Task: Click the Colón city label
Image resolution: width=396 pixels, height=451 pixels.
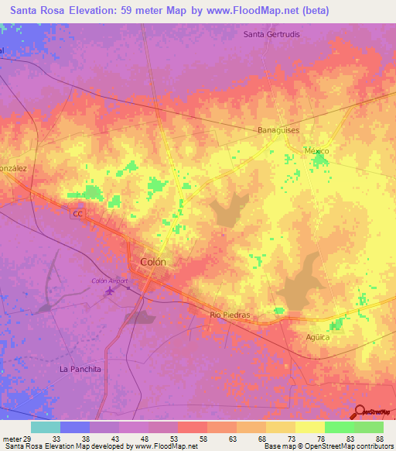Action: (x=152, y=262)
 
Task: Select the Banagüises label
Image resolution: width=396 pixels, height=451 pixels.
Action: (x=278, y=130)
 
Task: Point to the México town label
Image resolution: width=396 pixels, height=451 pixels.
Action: (x=316, y=150)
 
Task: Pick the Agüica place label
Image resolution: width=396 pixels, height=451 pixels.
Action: (x=318, y=337)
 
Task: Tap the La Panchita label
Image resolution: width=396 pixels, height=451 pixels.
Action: (x=80, y=370)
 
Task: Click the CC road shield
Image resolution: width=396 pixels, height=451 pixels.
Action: (x=77, y=213)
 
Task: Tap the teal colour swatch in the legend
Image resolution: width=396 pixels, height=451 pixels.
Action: (x=46, y=427)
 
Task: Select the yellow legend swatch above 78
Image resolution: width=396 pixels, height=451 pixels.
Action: (x=309, y=427)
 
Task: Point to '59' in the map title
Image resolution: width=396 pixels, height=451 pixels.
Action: (x=135, y=11)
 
